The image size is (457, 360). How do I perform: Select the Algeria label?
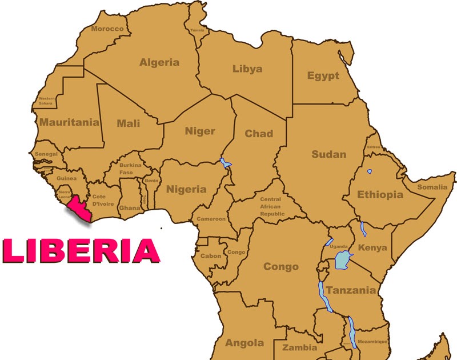coord(159,62)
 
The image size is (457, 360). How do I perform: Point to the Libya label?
coord(247,69)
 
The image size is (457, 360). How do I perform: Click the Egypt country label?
coord(323,76)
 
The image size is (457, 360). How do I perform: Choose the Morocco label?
coord(107,29)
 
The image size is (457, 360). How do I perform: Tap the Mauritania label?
coord(69,122)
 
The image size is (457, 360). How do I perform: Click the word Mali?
coord(128,123)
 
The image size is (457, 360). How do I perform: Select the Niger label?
coord(200,131)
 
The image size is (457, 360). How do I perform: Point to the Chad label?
coord(259,134)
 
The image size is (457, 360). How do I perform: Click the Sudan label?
coord(328,154)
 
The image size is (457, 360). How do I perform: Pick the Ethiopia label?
coord(380,195)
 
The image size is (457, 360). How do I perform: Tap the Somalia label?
coord(432,187)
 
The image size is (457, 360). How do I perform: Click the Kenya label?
coord(372,248)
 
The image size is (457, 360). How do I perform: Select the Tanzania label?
coord(351,290)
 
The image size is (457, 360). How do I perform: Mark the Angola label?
coord(244,343)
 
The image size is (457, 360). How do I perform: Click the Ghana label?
coord(129,209)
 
